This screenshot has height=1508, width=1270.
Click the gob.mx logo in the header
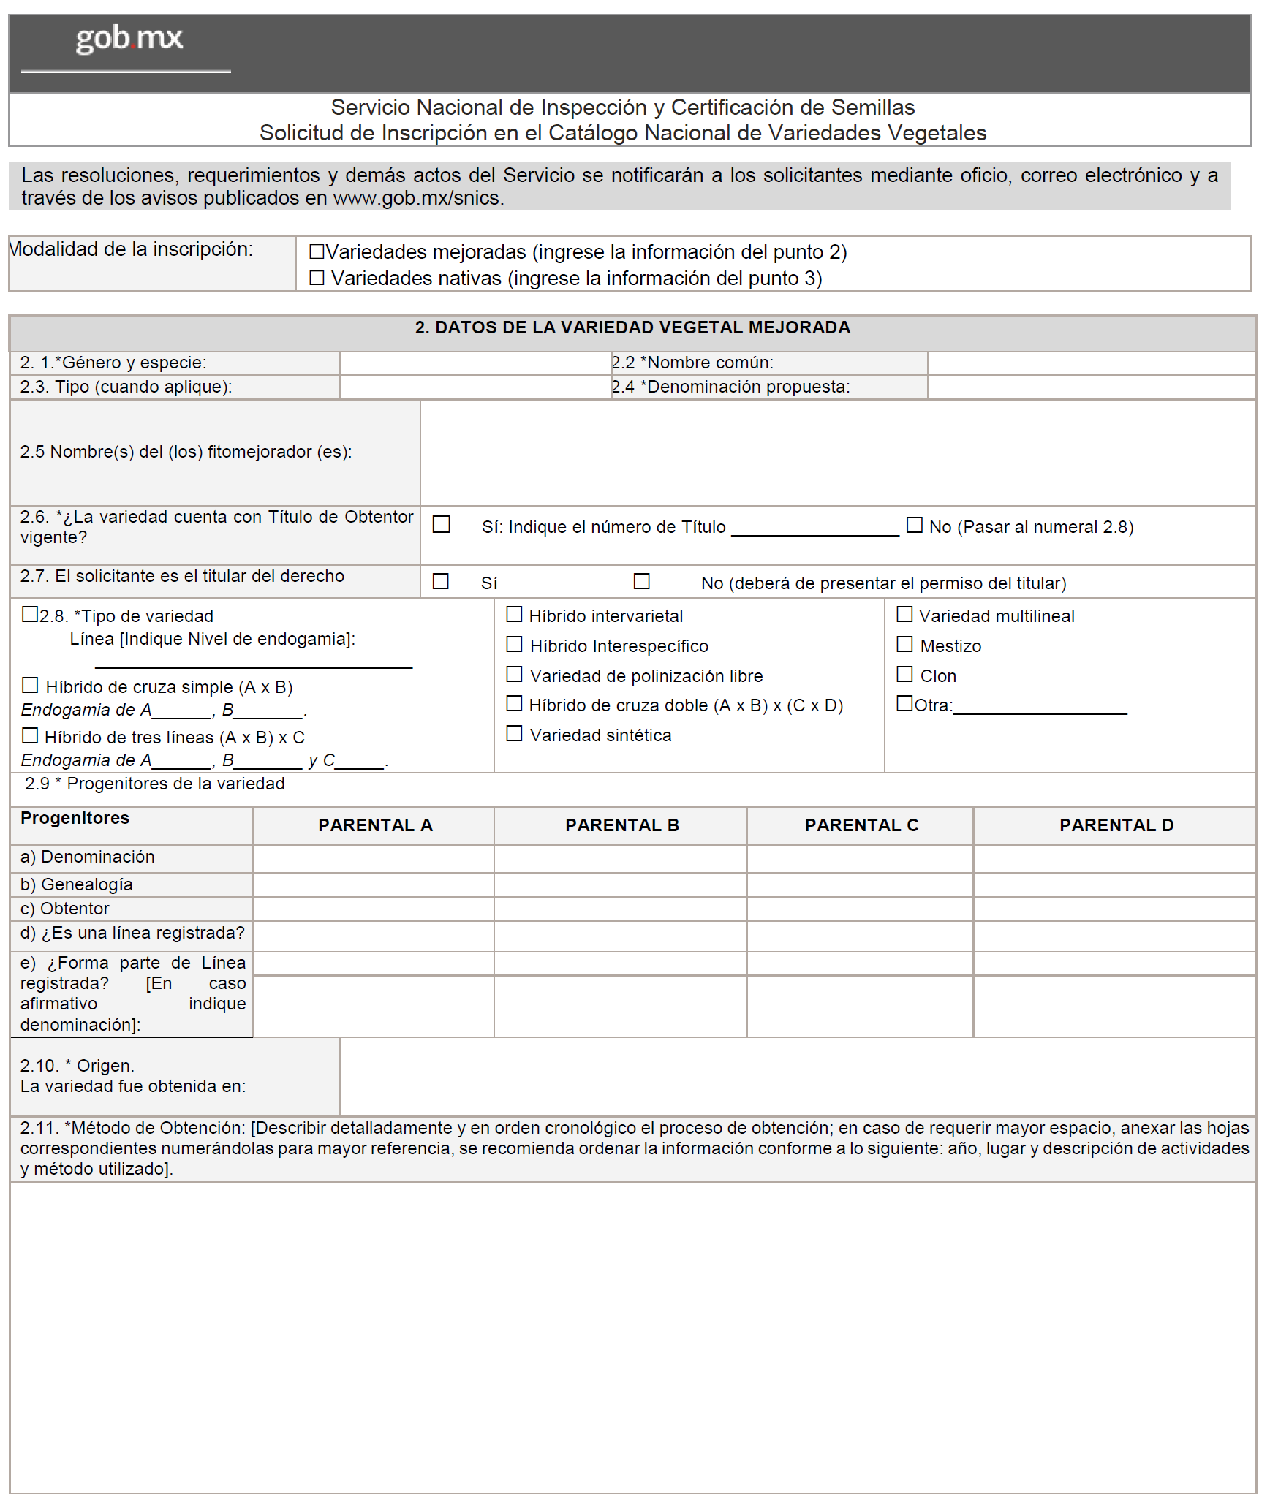click(129, 39)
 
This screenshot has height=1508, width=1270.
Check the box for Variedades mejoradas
click(317, 251)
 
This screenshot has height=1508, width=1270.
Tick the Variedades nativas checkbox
click(317, 278)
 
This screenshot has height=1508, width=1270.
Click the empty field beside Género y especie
click(475, 363)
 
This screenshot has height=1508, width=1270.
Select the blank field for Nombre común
click(1091, 363)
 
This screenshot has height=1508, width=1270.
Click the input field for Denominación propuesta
click(1091, 387)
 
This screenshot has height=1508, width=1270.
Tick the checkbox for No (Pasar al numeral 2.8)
click(914, 525)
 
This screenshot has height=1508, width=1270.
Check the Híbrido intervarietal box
click(514, 615)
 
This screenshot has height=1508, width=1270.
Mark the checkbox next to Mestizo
click(904, 644)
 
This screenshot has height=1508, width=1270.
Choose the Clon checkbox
click(904, 674)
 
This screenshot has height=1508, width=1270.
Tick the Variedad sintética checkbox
click(514, 733)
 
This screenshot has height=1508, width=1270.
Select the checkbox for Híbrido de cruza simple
click(30, 685)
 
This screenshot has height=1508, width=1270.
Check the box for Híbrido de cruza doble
click(514, 703)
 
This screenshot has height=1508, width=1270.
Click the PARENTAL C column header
click(861, 825)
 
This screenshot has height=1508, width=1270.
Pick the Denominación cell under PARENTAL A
click(373, 859)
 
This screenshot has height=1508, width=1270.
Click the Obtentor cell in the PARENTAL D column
click(1114, 909)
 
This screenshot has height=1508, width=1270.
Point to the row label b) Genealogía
click(77, 884)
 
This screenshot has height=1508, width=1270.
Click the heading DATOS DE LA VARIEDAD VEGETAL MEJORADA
click(632, 327)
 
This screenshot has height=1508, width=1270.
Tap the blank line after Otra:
click(1040, 707)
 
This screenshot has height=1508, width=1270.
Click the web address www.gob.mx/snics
click(417, 198)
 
